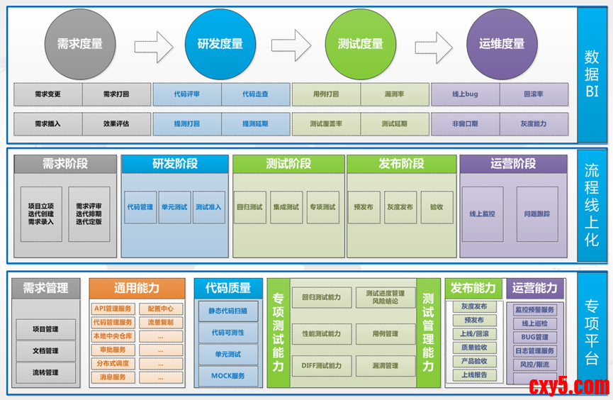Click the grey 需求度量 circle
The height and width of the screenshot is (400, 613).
pos(79,43)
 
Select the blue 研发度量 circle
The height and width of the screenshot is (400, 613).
pos(220,43)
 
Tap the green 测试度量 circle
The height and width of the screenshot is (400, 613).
pos(360,43)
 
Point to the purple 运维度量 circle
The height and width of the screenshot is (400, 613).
pos(501,43)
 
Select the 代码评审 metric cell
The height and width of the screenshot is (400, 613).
pos(186,94)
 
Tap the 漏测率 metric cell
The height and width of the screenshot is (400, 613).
pos(394,94)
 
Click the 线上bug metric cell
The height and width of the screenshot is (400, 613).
pos(465,94)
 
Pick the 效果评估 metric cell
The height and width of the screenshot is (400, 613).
pos(116,123)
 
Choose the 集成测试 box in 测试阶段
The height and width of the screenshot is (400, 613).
pos(286,207)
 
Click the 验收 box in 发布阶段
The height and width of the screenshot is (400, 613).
pos(437,207)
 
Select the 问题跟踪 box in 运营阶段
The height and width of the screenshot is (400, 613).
pos(536,213)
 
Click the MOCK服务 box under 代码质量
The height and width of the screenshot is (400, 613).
pos(228,375)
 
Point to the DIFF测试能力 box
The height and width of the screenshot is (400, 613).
pos(321,366)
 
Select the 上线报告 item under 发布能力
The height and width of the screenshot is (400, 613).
pos(473,375)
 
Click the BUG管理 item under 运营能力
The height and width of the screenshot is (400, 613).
pos(535,337)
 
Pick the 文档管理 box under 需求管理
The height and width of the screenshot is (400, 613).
pos(45,350)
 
